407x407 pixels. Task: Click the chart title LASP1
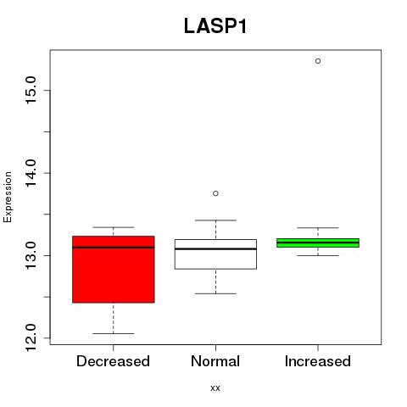pyautogui.click(x=215, y=26)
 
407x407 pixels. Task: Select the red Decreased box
pyautogui.click(x=114, y=270)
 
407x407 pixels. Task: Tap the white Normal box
pyautogui.click(x=215, y=254)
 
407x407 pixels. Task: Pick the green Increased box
pyautogui.click(x=318, y=243)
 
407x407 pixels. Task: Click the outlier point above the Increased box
pyautogui.click(x=318, y=61)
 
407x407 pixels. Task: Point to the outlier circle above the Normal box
pyautogui.click(x=215, y=193)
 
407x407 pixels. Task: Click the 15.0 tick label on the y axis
pyautogui.click(x=31, y=91)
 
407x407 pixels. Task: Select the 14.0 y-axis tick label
pyautogui.click(x=31, y=173)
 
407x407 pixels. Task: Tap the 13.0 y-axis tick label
pyautogui.click(x=31, y=256)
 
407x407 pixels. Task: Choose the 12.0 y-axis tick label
pyautogui.click(x=31, y=338)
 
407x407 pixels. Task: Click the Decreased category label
pyautogui.click(x=113, y=361)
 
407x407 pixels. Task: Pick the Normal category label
pyautogui.click(x=215, y=361)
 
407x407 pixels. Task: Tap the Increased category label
pyautogui.click(x=318, y=361)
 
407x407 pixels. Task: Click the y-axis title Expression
pyautogui.click(x=8, y=197)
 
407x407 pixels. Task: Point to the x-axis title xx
pyautogui.click(x=215, y=388)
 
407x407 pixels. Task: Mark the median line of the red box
pyautogui.click(x=114, y=248)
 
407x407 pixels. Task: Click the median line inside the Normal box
pyautogui.click(x=215, y=249)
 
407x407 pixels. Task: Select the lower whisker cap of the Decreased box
pyautogui.click(x=114, y=334)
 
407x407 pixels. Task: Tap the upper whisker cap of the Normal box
pyautogui.click(x=215, y=220)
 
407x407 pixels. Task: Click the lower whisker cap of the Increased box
pyautogui.click(x=318, y=255)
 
